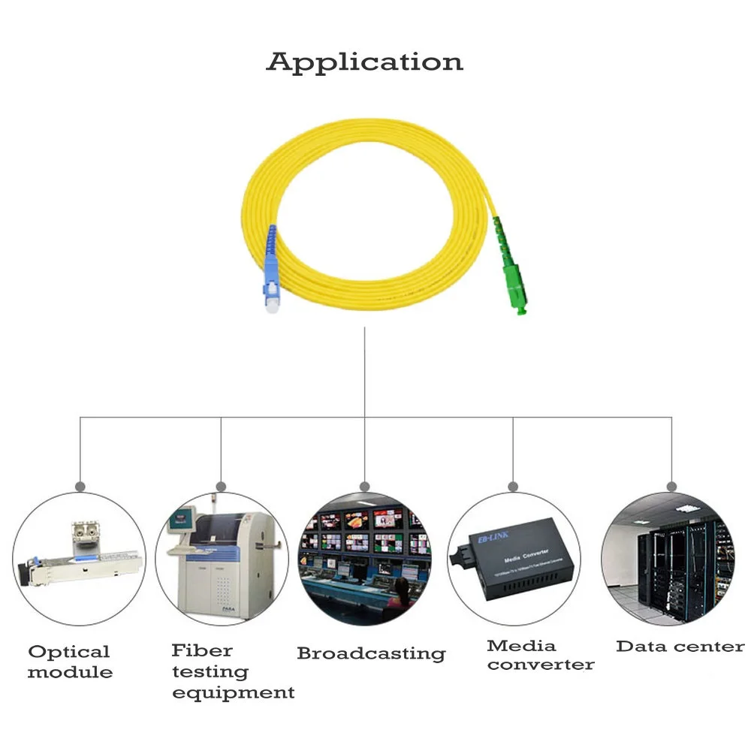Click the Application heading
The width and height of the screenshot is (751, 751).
click(x=364, y=62)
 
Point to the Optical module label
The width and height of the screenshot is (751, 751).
click(x=69, y=662)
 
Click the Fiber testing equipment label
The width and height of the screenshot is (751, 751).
click(x=232, y=671)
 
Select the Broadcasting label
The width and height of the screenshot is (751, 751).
click(x=371, y=653)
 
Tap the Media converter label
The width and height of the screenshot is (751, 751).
click(x=540, y=655)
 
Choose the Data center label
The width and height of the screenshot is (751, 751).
click(x=680, y=647)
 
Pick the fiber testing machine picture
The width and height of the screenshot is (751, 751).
click(x=222, y=559)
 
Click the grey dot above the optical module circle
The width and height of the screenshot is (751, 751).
click(x=80, y=487)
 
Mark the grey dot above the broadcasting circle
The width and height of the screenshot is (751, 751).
click(x=365, y=487)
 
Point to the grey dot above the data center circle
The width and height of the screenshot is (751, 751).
click(x=671, y=487)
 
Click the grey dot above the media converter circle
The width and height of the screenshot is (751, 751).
click(x=513, y=487)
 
